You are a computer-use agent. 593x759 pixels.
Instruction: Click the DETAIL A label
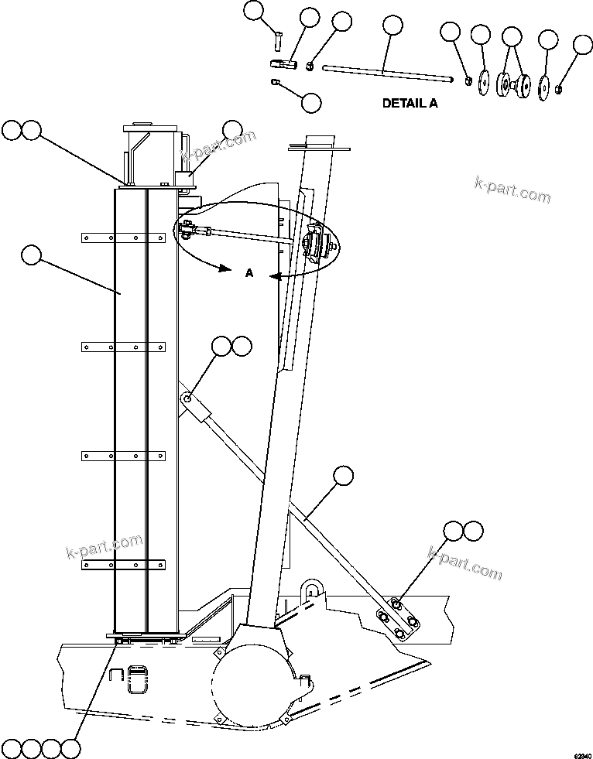[x=410, y=103]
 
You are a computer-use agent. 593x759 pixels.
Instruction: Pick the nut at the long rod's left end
[x=310, y=66]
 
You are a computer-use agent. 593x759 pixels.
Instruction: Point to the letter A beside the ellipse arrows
[x=249, y=272]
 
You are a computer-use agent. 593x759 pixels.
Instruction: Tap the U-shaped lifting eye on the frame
[x=313, y=590]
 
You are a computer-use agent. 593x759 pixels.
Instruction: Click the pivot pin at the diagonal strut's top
[x=188, y=398]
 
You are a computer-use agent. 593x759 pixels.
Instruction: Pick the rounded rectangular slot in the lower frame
[x=138, y=679]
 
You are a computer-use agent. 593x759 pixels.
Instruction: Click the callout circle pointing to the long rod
[x=392, y=26]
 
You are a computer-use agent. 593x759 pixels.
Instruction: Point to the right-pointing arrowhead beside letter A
[x=225, y=268]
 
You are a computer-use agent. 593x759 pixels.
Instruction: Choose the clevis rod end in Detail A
[x=283, y=63]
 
